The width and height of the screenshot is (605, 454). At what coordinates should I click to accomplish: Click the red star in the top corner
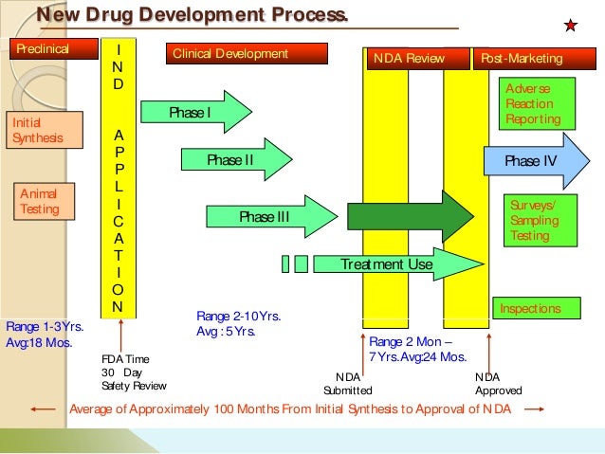571,25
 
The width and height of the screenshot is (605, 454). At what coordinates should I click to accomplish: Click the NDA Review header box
416,59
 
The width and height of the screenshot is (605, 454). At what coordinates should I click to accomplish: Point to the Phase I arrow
195,113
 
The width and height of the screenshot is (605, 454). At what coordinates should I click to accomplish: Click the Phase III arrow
269,218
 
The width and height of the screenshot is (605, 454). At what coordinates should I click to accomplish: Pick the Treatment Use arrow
384,264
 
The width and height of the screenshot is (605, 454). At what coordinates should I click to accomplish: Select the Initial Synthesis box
39,131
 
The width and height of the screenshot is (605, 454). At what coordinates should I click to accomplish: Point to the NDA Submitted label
347,383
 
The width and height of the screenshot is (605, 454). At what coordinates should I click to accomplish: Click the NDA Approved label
498,383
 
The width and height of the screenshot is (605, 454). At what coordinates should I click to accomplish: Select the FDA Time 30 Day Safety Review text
133,372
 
